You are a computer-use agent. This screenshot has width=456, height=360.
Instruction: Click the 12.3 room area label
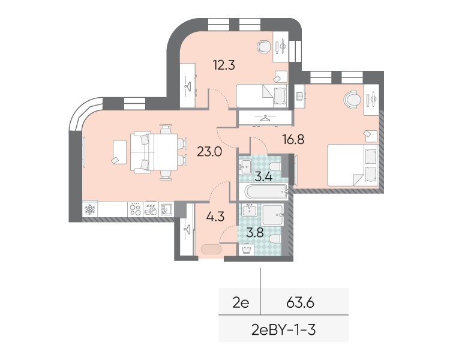point(224,65)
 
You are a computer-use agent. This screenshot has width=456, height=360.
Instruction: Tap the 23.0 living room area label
point(209,152)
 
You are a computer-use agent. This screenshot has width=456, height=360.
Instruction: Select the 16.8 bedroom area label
point(293,140)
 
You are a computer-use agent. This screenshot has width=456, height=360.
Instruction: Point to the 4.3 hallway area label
point(215,217)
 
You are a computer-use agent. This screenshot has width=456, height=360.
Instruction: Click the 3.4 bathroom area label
point(263,176)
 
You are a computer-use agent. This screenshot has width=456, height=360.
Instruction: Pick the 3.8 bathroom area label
point(255,233)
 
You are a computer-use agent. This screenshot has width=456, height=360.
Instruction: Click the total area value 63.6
point(300,303)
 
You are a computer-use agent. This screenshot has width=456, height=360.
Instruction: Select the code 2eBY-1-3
point(284,330)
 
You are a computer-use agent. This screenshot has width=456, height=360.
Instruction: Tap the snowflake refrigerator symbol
point(89,209)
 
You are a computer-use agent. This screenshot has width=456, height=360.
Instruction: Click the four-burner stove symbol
point(135,209)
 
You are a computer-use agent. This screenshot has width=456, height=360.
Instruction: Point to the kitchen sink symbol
point(166,209)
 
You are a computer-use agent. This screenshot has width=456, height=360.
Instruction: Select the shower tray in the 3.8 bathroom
point(272,215)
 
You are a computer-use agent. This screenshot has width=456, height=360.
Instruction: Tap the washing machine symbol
point(247,250)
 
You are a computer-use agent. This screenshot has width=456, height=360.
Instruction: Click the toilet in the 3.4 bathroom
point(275,167)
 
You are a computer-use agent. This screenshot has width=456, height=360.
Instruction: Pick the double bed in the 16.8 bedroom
point(352,165)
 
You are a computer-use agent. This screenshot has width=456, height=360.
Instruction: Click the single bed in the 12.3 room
point(262,96)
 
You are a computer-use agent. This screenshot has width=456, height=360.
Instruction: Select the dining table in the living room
point(166,152)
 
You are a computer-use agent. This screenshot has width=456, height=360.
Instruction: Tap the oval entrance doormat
point(211,249)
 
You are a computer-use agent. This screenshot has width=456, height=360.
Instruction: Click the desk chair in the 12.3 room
point(264,47)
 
